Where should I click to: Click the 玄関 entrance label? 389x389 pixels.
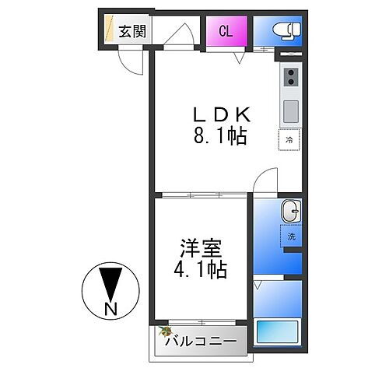[x=132, y=31]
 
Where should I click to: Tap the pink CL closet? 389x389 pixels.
[x=226, y=31]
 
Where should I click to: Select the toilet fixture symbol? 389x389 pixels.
[x=286, y=31]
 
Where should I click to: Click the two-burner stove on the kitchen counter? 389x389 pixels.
[x=291, y=77]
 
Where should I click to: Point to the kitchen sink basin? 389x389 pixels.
[x=291, y=111]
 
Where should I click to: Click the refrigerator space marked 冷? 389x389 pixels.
[x=289, y=139]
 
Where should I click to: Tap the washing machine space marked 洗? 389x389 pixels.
[x=291, y=236]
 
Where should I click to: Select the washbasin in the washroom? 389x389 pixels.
[x=291, y=211]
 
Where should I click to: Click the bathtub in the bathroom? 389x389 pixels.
[x=277, y=332]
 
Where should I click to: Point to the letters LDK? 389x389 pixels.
[x=222, y=114]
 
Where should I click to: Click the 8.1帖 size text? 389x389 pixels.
[x=220, y=136]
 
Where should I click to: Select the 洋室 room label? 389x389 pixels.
[x=202, y=248]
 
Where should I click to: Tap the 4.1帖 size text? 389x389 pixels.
[x=200, y=269]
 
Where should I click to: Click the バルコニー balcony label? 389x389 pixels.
[x=202, y=341]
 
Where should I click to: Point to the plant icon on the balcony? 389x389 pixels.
[x=165, y=331]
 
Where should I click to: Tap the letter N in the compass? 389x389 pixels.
[x=111, y=309]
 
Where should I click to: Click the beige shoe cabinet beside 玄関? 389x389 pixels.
[x=110, y=29]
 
